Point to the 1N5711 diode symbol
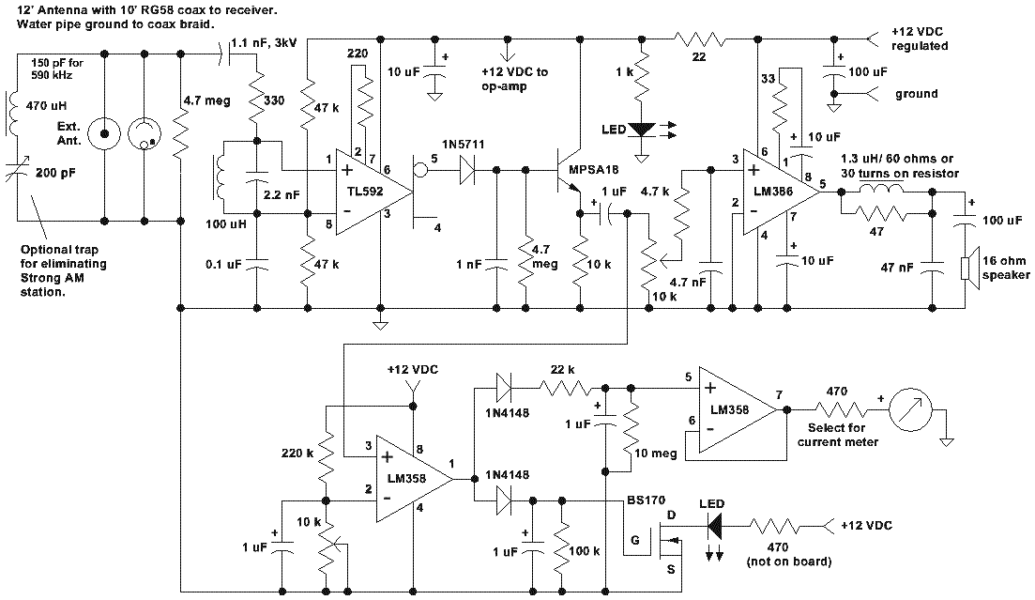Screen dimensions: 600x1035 [466, 170]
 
